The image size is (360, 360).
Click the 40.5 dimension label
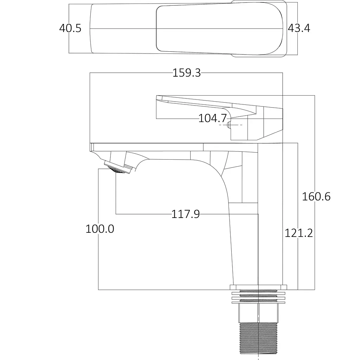(x=70, y=28)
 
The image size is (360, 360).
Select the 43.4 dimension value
(x=299, y=28)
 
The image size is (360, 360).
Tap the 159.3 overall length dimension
(x=187, y=73)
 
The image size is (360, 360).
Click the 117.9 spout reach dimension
(x=186, y=214)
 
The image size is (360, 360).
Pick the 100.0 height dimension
(x=100, y=229)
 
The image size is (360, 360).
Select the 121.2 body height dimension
(x=299, y=233)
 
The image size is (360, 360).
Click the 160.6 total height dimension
(x=316, y=197)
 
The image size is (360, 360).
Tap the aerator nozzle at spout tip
(x=118, y=167)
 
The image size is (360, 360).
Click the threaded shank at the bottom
(x=258, y=341)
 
